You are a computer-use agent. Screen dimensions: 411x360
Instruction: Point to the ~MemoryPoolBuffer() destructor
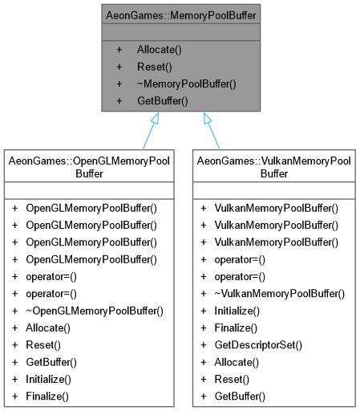(186, 83)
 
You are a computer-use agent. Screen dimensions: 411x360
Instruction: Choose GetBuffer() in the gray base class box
(162, 101)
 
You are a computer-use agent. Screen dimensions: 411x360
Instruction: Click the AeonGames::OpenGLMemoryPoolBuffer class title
(89, 166)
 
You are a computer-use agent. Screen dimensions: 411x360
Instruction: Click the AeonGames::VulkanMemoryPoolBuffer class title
(273, 166)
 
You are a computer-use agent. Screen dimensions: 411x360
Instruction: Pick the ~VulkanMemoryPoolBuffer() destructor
(280, 293)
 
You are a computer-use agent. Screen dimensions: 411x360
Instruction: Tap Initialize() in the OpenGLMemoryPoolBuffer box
(48, 379)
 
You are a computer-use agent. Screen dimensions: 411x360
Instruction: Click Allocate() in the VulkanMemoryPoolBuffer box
(236, 362)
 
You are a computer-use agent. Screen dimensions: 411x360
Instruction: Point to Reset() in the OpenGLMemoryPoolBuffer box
(42, 345)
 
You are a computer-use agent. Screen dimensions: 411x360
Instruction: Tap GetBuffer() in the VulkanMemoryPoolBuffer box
(238, 397)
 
